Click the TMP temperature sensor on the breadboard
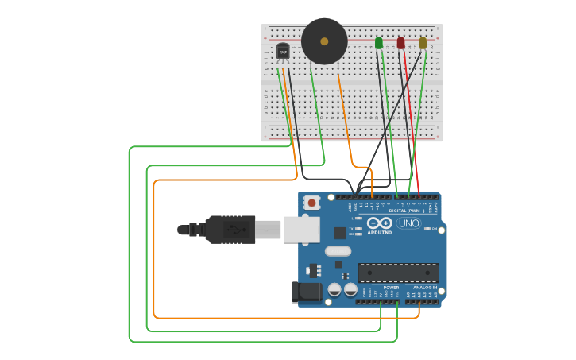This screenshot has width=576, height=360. (x=282, y=52)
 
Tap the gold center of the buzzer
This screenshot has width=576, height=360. (x=324, y=41)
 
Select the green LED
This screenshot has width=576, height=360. (x=378, y=42)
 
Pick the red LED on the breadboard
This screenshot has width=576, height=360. (x=400, y=42)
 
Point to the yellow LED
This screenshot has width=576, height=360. (x=423, y=42)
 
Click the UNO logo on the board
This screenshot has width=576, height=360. (x=408, y=223)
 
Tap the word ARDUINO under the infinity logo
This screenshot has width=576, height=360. (x=379, y=232)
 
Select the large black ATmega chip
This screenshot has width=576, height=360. (x=398, y=273)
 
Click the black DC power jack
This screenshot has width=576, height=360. (x=307, y=292)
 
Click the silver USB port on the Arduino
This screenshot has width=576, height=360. (x=302, y=230)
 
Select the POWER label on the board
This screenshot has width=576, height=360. (x=391, y=288)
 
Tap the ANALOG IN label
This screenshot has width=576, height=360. (x=425, y=288)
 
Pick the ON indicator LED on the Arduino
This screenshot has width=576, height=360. (x=429, y=229)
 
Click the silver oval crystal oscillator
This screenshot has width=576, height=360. (x=338, y=251)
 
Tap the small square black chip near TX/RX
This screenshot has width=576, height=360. (x=340, y=233)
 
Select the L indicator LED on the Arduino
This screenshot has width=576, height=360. (x=359, y=218)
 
